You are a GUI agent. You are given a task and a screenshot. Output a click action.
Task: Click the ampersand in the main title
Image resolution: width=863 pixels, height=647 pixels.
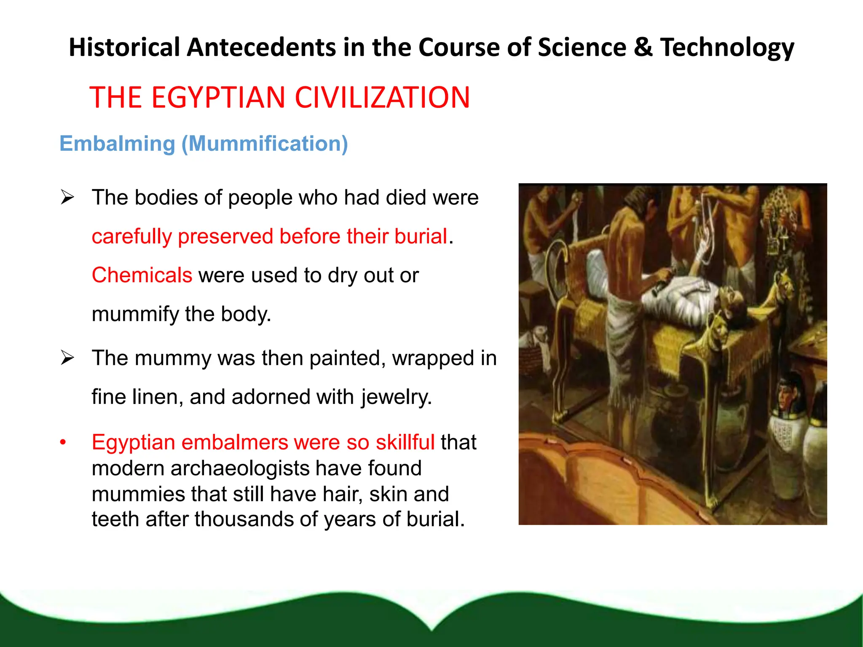tap(643, 47)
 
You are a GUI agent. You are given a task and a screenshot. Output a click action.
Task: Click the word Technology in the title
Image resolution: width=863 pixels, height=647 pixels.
tap(727, 48)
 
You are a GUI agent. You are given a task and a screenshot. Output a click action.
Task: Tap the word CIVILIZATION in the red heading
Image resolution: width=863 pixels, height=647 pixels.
tap(382, 97)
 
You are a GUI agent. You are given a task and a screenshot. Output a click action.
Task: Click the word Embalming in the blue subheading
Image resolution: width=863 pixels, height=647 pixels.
tap(117, 144)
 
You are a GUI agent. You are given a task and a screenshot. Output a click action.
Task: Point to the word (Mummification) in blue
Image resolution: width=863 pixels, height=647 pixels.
tap(265, 144)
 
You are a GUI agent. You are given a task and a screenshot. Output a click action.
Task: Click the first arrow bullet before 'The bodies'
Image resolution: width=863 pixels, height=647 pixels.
tap(67, 197)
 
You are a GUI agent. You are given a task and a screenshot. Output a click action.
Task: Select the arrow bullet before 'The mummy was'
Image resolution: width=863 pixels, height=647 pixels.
tap(67, 358)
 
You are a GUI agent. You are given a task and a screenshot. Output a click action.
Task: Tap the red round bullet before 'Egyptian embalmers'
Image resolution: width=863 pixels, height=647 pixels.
tap(63, 442)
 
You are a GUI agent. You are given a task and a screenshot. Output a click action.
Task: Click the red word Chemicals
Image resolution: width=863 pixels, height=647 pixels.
tap(142, 275)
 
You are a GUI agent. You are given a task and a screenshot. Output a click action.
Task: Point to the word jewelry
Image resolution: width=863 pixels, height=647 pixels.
tap(396, 397)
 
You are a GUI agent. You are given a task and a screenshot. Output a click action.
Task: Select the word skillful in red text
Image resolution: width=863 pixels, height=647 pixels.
tap(405, 442)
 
